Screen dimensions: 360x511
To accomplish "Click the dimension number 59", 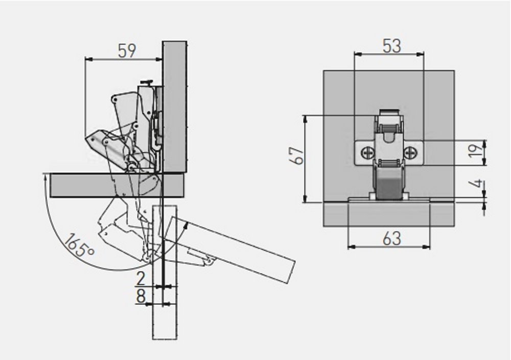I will [127, 51].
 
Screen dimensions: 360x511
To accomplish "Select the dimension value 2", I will [141, 279].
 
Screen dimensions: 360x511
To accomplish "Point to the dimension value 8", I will [141, 296].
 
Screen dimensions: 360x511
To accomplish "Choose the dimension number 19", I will [475, 151].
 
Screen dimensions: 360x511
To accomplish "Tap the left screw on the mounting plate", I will [367, 152].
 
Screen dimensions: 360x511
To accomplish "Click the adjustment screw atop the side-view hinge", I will [148, 82].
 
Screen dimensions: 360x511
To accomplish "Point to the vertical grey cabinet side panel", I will [175, 102].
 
